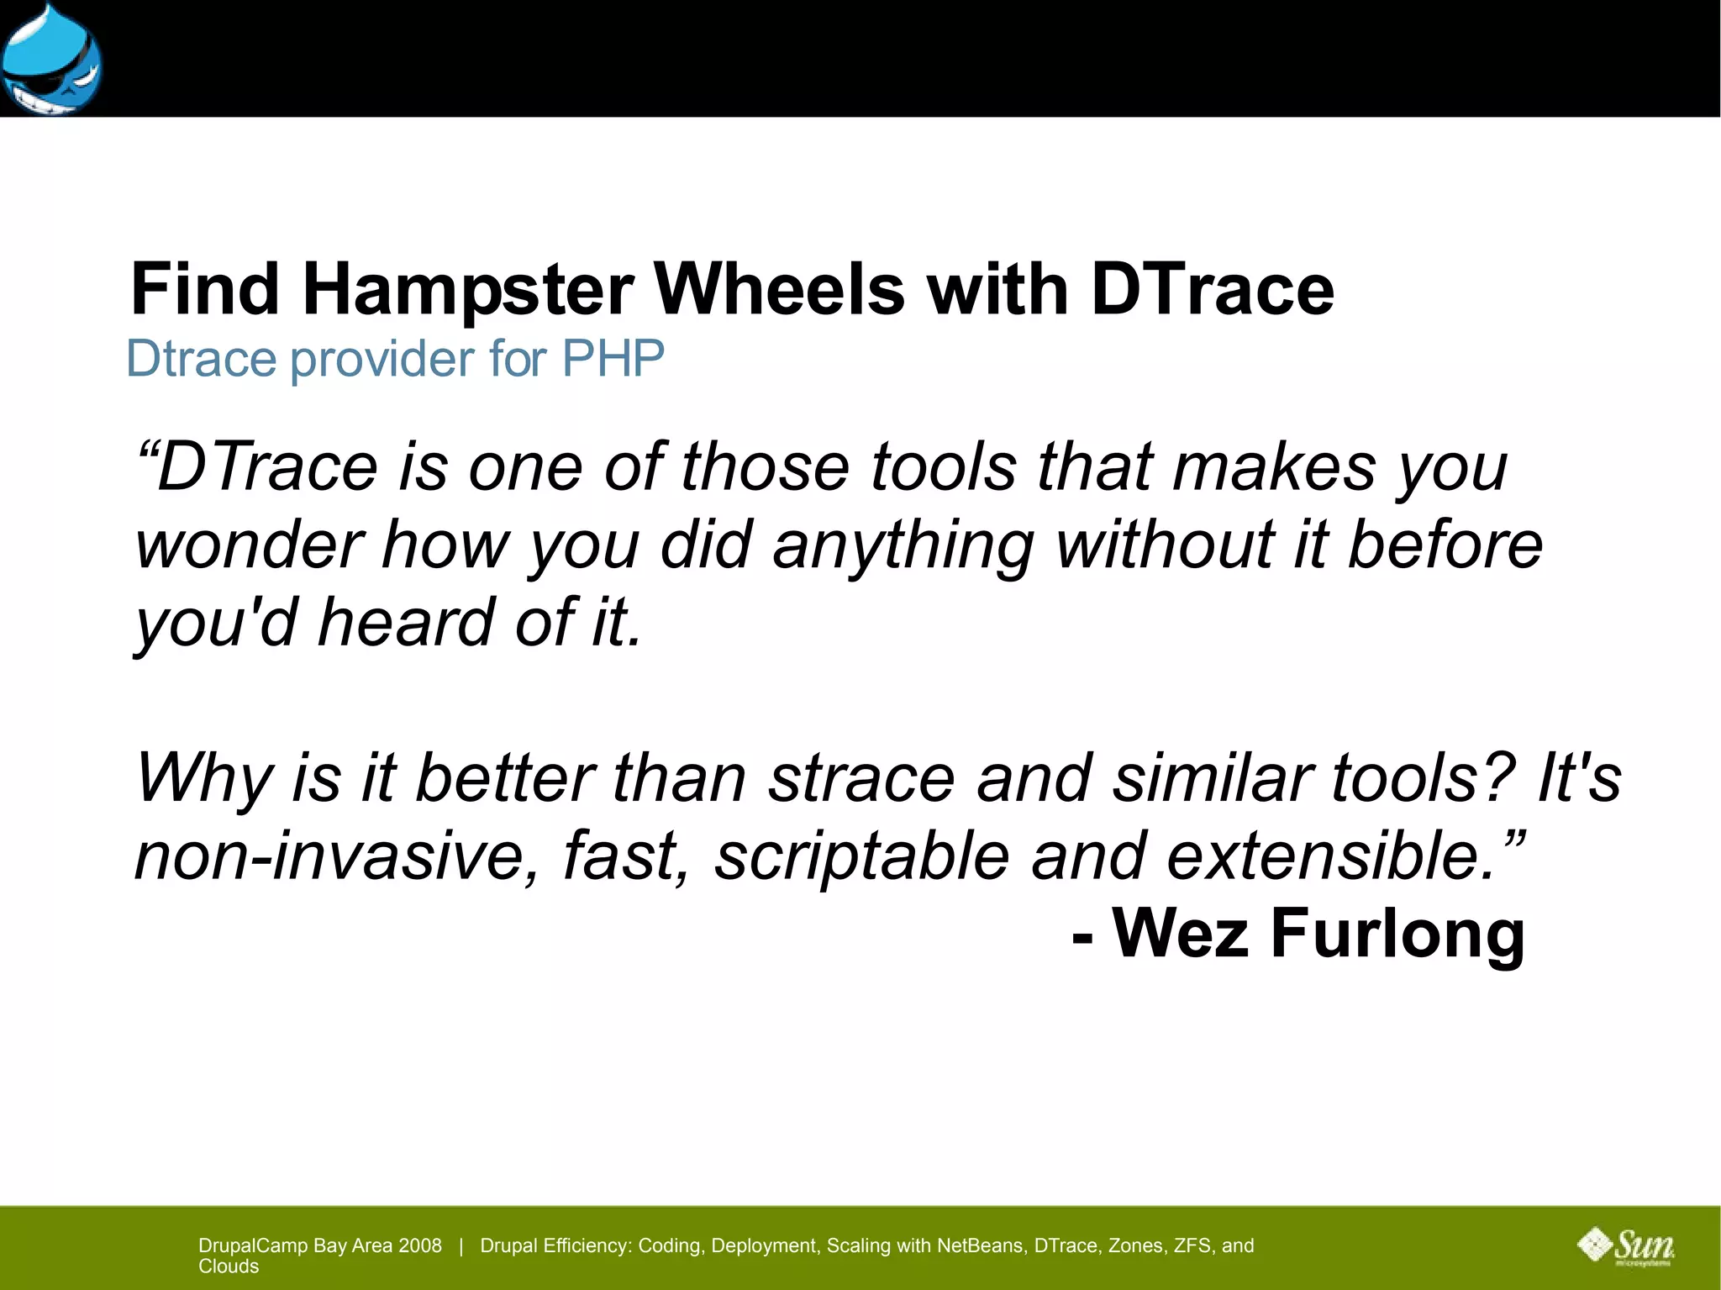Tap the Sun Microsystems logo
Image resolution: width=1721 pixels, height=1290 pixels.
1627,1246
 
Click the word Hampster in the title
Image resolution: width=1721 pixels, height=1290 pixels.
467,290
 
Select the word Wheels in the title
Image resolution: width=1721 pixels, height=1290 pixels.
779,290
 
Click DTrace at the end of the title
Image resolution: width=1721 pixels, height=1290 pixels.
1212,290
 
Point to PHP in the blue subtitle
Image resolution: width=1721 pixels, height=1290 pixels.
613,359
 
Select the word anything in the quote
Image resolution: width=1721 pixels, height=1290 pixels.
903,546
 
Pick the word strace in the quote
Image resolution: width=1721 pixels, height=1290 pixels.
861,777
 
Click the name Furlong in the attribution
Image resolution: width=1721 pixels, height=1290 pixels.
1397,933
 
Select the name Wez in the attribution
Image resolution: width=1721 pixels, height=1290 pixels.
1180,933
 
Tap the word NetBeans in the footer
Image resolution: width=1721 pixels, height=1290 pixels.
982,1245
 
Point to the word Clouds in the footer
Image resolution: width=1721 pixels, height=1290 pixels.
229,1266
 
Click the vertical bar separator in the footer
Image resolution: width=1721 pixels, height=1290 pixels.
461,1245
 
